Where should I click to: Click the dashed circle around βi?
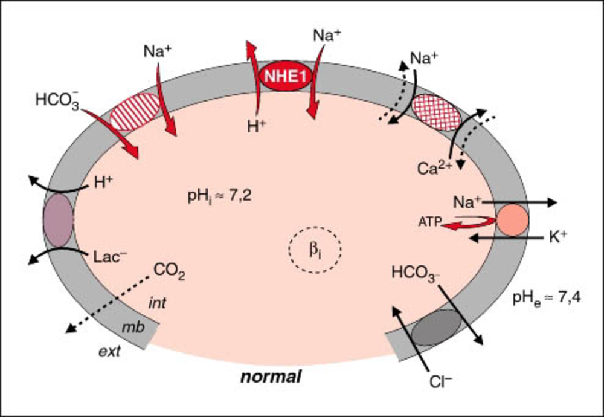314,248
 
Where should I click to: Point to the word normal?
271,377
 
